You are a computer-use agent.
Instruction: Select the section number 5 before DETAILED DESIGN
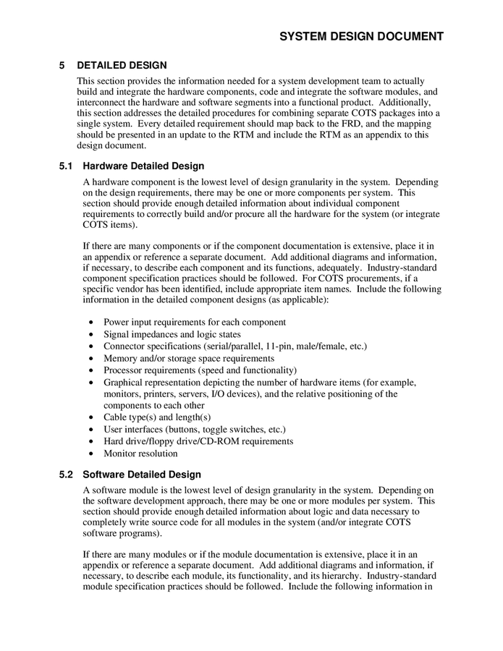coord(63,65)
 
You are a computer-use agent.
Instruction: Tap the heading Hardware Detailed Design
coord(143,166)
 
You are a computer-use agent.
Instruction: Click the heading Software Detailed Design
coord(142,475)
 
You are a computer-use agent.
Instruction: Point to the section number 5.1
coord(67,166)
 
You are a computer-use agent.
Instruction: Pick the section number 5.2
coord(67,475)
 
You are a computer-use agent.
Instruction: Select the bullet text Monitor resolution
coord(140,454)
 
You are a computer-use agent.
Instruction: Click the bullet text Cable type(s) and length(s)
coord(157,417)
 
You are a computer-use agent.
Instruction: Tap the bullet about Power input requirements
coord(194,322)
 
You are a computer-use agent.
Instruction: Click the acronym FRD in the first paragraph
coord(350,124)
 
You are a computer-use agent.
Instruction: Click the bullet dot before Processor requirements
coord(90,370)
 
